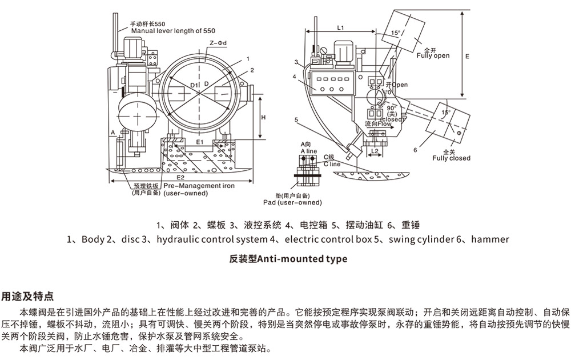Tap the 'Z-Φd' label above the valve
[x=219, y=43]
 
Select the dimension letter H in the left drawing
[x=264, y=117]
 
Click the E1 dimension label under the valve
[x=199, y=141]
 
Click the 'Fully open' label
[x=433, y=56]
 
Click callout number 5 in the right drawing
[x=296, y=119]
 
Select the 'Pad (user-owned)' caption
[x=292, y=202]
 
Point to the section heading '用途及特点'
[x=28, y=296]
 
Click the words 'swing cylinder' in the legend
[x=417, y=239]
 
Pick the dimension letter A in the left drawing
[x=114, y=132]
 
